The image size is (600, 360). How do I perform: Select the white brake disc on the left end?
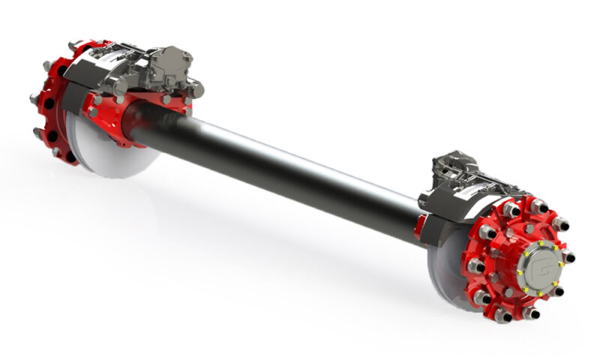tap(112, 154)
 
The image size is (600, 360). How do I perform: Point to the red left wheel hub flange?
tap(52, 105)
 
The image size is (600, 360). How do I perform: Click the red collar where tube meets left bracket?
tap(139, 120)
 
